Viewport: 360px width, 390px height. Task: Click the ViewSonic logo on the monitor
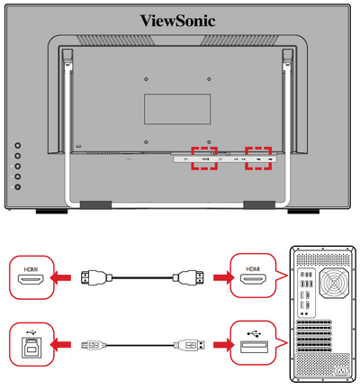(177, 21)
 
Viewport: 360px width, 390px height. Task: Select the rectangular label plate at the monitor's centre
(177, 109)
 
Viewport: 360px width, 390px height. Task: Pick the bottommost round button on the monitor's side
(18, 186)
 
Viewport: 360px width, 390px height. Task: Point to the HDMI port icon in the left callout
(31, 280)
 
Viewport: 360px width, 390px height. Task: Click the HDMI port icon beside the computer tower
(253, 279)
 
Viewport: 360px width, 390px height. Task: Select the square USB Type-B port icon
(31, 348)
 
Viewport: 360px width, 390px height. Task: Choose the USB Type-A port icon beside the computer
(255, 347)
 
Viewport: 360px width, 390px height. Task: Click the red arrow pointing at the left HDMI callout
(60, 277)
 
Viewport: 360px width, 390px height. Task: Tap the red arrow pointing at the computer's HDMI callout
(224, 277)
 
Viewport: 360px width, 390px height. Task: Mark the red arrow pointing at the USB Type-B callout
(60, 345)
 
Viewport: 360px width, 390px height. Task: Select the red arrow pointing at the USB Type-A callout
(224, 345)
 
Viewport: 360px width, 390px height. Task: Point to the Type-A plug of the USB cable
(190, 345)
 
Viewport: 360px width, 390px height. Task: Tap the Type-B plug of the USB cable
(94, 345)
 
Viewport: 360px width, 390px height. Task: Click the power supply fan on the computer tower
(335, 282)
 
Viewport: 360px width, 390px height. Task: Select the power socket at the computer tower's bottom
(342, 372)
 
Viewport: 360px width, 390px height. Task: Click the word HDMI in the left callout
(31, 269)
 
